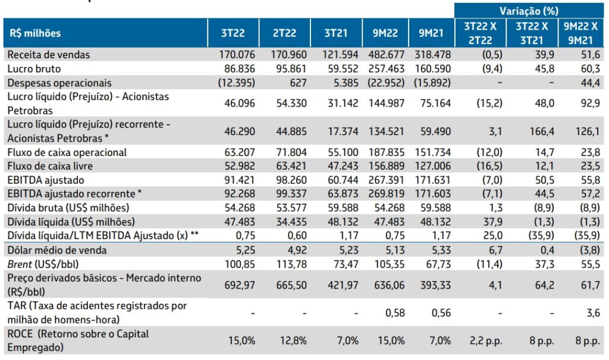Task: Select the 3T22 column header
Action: [233, 33]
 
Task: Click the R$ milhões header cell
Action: [36, 33]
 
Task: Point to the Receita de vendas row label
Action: [49, 55]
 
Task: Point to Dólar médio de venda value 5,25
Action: [245, 249]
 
